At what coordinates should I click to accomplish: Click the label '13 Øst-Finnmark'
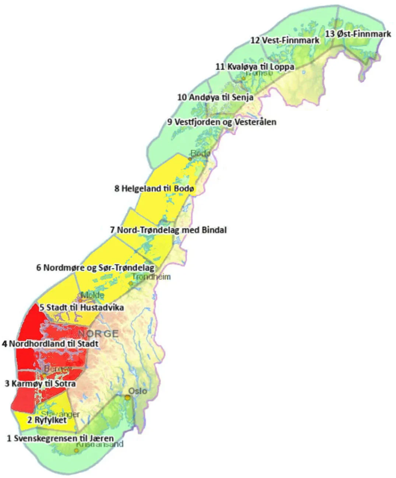358,34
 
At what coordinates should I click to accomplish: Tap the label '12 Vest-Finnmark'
285,40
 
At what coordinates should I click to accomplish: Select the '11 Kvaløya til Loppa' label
255,66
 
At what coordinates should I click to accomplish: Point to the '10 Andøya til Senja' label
215,97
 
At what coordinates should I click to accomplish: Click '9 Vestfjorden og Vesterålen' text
222,122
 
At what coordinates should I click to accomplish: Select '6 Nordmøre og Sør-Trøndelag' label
95,267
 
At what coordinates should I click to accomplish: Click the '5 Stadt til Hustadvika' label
82,307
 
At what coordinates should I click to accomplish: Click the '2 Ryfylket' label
47,420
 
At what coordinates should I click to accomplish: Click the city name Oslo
138,391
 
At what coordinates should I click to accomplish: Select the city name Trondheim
151,277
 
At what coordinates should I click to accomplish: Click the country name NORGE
98,334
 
